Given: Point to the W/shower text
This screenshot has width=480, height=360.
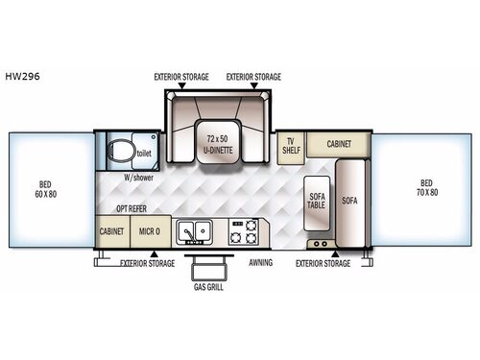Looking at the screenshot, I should point(140,176).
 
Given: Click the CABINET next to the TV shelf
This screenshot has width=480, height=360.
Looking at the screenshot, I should point(338,144).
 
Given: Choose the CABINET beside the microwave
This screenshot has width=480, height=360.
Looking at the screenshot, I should point(111,231).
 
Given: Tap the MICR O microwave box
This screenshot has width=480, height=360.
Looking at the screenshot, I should point(149,231).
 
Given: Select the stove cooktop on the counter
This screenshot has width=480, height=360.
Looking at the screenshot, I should point(244,231).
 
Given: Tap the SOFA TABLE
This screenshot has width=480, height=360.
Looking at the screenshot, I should point(317,204).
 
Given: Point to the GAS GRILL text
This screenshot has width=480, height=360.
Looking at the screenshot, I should point(206,287).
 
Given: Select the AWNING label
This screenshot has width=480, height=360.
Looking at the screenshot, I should point(260,261).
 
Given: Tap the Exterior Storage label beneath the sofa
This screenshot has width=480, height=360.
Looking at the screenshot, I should point(323,261).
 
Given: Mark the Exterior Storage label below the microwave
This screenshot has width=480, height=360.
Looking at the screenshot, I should point(148,261).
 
